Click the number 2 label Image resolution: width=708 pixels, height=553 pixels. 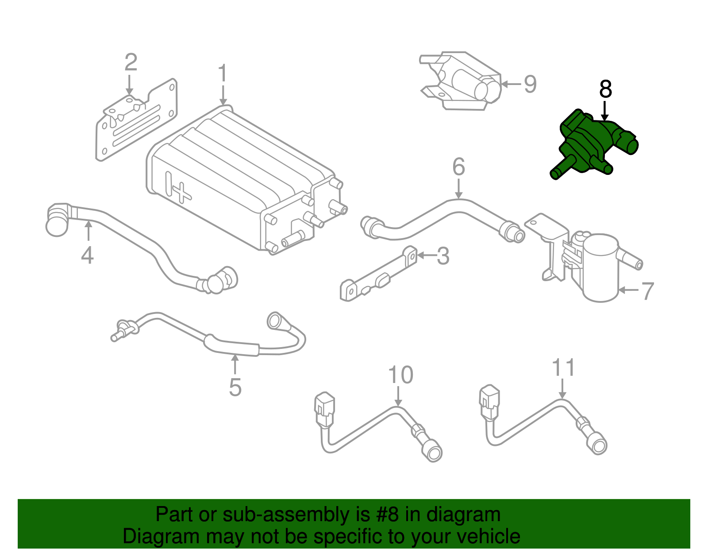131,62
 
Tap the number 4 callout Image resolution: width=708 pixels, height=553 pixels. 87,255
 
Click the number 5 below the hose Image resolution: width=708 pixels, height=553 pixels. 235,387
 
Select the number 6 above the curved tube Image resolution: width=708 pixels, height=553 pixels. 458,167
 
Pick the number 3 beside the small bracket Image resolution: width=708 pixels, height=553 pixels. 442,256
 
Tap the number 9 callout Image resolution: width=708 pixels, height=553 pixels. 530,84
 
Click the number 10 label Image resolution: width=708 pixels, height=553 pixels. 400,375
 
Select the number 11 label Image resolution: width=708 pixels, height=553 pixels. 563,368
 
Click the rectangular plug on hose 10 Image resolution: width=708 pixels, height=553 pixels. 325,409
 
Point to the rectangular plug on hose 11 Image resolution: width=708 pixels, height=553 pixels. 489,402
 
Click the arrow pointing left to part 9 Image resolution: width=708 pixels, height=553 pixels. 511,84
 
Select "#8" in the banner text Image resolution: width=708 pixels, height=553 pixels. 387,515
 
